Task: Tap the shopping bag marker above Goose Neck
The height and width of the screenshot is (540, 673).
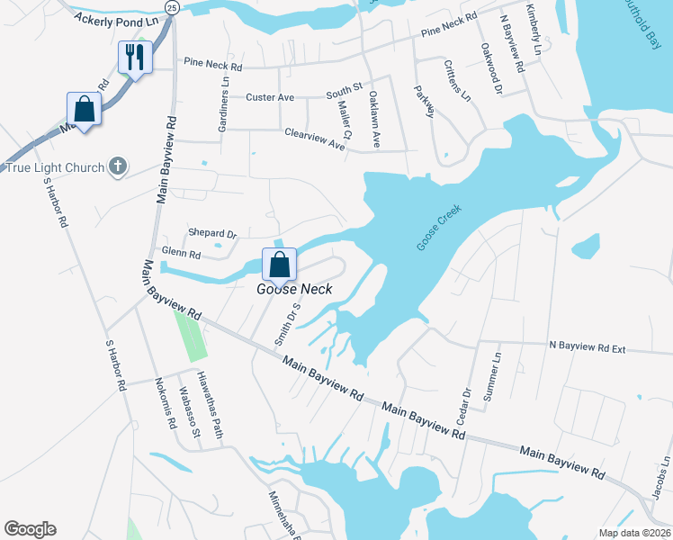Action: pyautogui.click(x=280, y=265)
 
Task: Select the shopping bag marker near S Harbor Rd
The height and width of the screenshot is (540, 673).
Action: pyautogui.click(x=84, y=110)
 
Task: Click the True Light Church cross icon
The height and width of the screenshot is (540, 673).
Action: pyautogui.click(x=116, y=166)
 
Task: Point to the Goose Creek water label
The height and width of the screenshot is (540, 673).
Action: pyautogui.click(x=439, y=228)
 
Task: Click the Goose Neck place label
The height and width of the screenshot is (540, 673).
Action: pyautogui.click(x=294, y=289)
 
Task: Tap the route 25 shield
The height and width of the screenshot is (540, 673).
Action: pyautogui.click(x=172, y=7)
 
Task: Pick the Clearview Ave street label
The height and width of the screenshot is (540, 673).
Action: pyautogui.click(x=315, y=138)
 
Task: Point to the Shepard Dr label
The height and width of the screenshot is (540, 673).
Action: pyautogui.click(x=211, y=234)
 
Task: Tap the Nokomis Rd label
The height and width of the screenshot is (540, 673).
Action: pyautogui.click(x=166, y=402)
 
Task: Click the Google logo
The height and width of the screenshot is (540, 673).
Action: pyautogui.click(x=30, y=529)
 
